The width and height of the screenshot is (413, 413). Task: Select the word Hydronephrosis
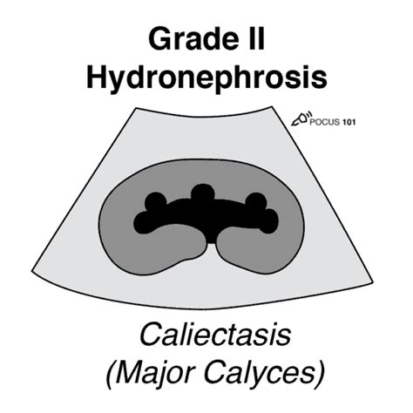(206, 77)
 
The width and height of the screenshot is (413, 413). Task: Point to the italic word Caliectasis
(215, 334)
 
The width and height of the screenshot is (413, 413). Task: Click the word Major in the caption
(149, 373)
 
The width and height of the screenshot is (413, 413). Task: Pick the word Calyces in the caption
(260, 373)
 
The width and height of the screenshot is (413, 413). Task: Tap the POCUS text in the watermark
(324, 122)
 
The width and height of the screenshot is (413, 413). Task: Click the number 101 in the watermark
(349, 122)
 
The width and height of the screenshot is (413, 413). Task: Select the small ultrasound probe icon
(301, 118)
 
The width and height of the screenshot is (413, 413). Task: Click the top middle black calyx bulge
(203, 193)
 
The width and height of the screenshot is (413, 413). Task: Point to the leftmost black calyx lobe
(144, 223)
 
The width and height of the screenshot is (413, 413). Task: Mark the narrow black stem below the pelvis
(211, 238)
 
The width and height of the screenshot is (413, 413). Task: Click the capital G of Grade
(159, 38)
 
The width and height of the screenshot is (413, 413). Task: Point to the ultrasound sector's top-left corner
(136, 108)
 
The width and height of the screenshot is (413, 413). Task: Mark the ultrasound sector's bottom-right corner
(373, 282)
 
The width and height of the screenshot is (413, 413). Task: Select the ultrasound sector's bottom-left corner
(32, 271)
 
